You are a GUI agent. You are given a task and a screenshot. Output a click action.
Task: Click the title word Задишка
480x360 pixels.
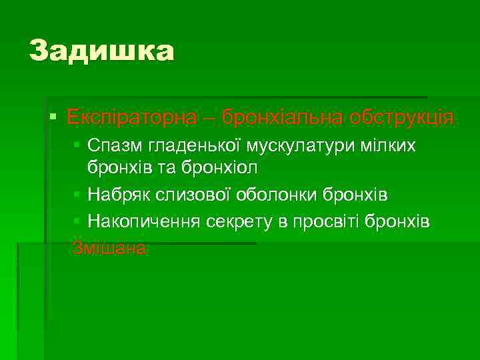tap(101, 51)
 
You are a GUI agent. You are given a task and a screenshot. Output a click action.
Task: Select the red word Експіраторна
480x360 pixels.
tap(132, 118)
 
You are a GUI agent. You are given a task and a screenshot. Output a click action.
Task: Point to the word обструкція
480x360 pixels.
tap(400, 118)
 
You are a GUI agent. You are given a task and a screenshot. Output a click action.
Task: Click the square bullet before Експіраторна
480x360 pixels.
tap(53, 118)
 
